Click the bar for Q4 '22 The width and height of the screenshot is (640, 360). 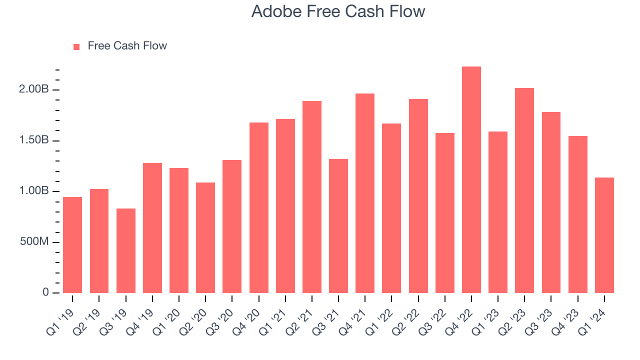471,180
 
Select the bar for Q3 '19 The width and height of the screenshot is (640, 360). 126,250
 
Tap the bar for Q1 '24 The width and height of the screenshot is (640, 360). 604,235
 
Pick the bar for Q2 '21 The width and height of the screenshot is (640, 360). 312,197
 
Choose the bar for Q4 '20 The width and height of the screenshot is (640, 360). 259,207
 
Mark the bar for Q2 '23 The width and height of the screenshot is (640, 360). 524,190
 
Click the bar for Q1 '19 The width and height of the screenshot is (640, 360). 72,245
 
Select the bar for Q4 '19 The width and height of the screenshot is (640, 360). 152,228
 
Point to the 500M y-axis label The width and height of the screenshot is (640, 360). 34,242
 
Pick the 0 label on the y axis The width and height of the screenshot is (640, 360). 45,292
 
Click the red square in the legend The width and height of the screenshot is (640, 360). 76,46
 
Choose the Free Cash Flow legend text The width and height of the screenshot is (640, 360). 127,46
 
